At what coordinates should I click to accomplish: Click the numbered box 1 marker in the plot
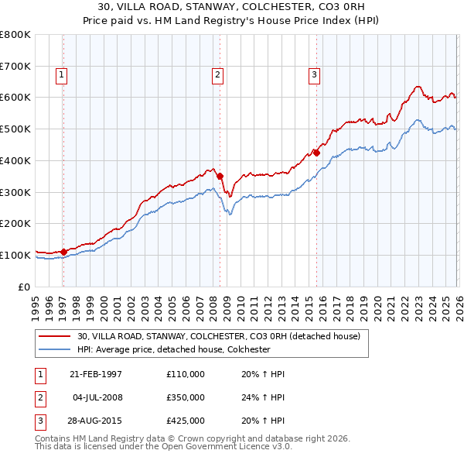tap(61, 75)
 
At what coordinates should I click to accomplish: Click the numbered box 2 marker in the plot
tap(218, 75)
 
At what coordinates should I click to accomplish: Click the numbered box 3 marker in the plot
tap(315, 75)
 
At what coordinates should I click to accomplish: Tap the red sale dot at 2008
tap(220, 176)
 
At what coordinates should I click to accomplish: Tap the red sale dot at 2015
tap(317, 152)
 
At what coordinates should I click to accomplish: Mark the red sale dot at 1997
tap(64, 251)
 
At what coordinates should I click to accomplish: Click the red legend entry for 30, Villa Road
tap(218, 336)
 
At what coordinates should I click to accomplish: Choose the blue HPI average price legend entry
tap(172, 349)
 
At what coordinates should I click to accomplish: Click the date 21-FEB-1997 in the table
tap(96, 374)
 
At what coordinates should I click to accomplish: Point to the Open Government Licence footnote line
tap(163, 447)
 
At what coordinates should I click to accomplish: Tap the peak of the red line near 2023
tap(417, 86)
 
